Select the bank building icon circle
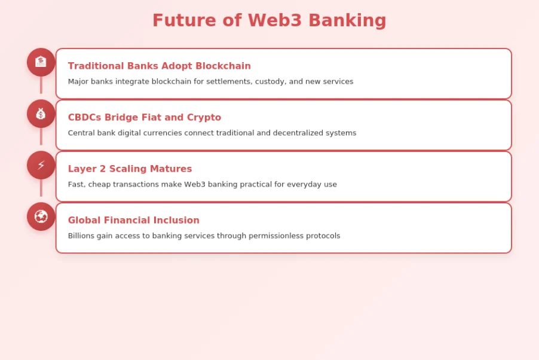tap(41, 62)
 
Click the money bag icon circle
tap(41, 114)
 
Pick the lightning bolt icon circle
tap(41, 165)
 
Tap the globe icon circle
tap(41, 216)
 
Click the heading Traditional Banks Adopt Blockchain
tap(159, 66)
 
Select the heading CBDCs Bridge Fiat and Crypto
tap(144, 117)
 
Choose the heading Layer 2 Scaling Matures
tap(130, 169)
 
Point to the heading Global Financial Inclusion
tap(133, 220)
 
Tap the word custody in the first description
tap(269, 81)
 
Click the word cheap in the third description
tap(100, 184)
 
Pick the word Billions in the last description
tap(81, 236)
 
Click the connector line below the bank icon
tap(41, 85)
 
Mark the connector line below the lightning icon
tap(41, 188)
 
